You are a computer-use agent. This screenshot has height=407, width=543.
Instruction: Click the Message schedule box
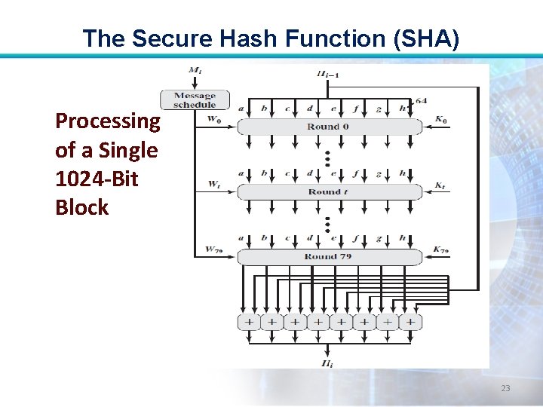(x=195, y=99)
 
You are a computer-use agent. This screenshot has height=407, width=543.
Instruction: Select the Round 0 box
(x=329, y=127)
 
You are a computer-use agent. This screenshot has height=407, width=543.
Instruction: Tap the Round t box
(x=329, y=191)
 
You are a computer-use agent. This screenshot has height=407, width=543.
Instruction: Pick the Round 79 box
(x=329, y=256)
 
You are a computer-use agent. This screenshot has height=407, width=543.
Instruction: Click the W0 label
(x=213, y=120)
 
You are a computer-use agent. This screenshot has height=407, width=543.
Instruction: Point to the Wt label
(x=213, y=185)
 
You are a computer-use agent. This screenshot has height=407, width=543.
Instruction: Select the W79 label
(x=213, y=249)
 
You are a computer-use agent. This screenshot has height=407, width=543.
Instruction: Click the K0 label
(x=440, y=120)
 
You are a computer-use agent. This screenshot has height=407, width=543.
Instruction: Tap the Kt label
(x=440, y=185)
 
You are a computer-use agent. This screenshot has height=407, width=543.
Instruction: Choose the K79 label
(x=440, y=249)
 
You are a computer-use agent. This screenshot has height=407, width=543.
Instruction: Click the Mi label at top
(x=195, y=71)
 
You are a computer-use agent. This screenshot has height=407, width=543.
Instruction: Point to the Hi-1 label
(x=328, y=73)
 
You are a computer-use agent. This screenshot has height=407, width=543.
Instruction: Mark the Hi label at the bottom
(x=327, y=364)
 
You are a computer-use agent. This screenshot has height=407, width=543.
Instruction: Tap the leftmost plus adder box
(x=248, y=322)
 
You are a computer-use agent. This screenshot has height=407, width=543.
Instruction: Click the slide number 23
(x=505, y=388)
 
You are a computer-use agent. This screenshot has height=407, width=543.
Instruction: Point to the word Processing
(x=108, y=121)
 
